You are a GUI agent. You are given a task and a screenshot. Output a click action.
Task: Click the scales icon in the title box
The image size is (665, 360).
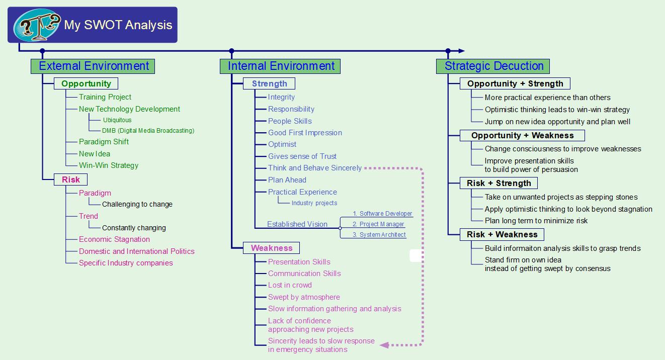[x=37, y=25]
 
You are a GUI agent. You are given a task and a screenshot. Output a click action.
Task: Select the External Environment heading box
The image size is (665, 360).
[x=93, y=66]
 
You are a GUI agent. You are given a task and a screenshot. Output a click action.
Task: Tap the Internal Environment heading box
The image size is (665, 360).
[x=280, y=66]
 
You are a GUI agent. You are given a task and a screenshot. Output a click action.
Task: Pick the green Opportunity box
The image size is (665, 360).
[x=86, y=83]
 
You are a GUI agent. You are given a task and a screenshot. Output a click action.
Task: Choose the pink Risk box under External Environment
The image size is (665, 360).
[x=71, y=179]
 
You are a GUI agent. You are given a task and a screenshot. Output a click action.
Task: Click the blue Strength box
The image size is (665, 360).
[x=269, y=83]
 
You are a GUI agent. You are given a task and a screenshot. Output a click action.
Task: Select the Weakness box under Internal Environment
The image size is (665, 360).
[x=271, y=248]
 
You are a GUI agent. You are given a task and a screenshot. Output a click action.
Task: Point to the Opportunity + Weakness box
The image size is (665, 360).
[x=522, y=135]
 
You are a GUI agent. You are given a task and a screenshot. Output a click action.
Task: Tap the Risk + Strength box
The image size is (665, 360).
[x=498, y=183]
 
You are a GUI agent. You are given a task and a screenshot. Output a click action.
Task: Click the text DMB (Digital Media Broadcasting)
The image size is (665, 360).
[x=148, y=131]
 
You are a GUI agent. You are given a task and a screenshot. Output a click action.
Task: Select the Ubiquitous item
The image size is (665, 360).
[x=117, y=120]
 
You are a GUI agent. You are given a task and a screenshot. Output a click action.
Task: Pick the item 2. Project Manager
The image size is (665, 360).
[x=378, y=224]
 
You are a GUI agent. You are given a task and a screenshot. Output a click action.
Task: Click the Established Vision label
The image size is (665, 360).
[x=297, y=224]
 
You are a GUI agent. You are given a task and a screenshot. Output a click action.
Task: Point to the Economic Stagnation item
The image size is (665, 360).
[x=114, y=239]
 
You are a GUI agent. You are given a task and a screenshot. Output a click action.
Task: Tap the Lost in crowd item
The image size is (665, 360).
[x=290, y=285]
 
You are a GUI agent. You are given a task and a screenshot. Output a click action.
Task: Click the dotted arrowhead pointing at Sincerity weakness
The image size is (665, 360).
[x=385, y=345]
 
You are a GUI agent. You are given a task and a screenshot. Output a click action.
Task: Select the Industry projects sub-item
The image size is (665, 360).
[x=314, y=203]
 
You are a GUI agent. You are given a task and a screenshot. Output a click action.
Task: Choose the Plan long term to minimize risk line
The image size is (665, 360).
[x=536, y=221]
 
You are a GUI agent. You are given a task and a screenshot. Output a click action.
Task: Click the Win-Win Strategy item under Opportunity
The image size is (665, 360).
[x=108, y=165]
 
